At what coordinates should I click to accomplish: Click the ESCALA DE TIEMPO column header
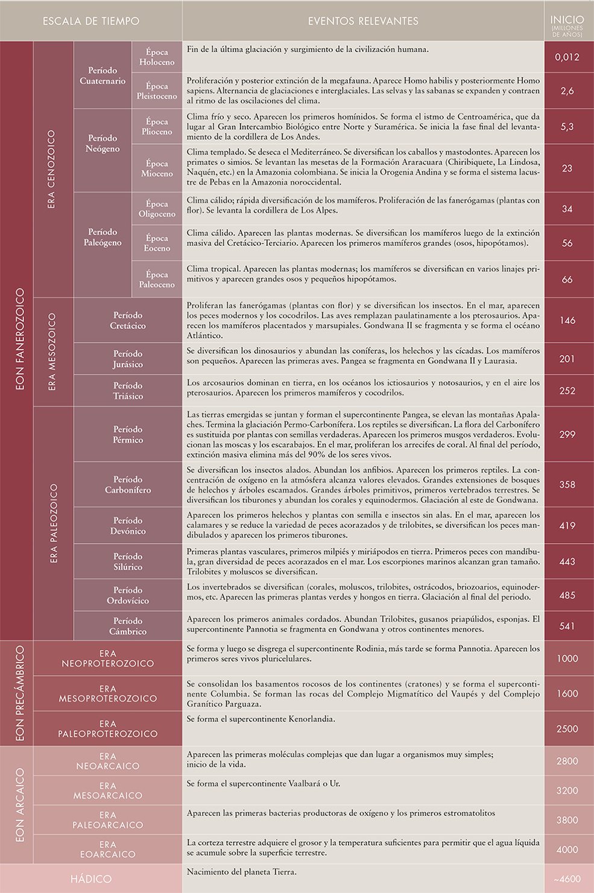[x=91, y=21]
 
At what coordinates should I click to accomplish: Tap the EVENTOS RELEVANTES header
[x=363, y=21]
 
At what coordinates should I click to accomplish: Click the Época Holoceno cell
[x=157, y=57]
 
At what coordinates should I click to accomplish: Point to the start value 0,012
[x=567, y=57]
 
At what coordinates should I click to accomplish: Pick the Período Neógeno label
[x=103, y=144]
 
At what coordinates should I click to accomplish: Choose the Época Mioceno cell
[x=157, y=168]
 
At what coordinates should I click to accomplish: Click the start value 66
[x=567, y=280]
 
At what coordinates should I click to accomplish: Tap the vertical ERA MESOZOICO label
[x=52, y=351]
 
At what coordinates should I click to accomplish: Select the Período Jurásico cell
[x=128, y=359]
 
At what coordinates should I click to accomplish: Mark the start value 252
[x=567, y=391]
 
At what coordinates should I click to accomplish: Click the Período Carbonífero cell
[x=128, y=485]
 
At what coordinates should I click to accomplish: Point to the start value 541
[x=567, y=626]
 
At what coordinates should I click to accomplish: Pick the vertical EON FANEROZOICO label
[x=20, y=339]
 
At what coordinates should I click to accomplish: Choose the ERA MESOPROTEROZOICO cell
[x=108, y=694]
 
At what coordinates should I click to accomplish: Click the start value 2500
[x=567, y=729]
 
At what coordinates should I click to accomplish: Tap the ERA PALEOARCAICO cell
[x=108, y=820]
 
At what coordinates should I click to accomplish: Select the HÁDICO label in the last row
[x=91, y=879]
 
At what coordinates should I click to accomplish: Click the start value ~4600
[x=567, y=879]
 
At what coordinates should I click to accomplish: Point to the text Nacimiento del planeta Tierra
[x=242, y=872]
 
